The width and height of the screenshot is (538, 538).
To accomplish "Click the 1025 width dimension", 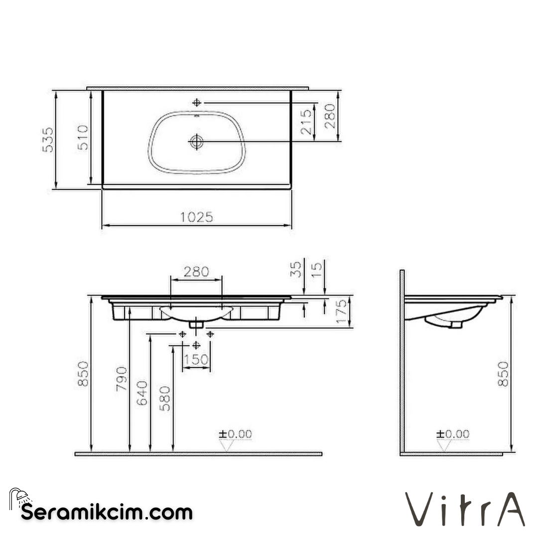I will click(x=196, y=217).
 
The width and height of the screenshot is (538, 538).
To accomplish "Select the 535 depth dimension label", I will click(x=47, y=139).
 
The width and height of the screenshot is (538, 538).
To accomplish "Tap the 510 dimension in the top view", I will click(x=82, y=137).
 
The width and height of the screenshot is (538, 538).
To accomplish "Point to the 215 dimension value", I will click(x=306, y=121).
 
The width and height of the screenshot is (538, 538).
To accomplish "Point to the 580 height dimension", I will click(x=165, y=398).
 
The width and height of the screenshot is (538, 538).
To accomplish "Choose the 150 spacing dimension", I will click(x=196, y=360).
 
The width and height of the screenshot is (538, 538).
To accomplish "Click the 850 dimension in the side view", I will click(x=504, y=374).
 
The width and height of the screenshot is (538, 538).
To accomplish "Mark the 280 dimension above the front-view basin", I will click(x=196, y=272).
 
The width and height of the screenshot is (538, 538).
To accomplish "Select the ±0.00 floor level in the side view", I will click(x=452, y=434).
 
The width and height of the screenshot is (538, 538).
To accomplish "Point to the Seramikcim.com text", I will click(x=107, y=512).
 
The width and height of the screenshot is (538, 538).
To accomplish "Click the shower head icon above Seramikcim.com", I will click(x=19, y=497).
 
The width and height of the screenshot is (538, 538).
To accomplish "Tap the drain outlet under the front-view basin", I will click(x=196, y=323).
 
